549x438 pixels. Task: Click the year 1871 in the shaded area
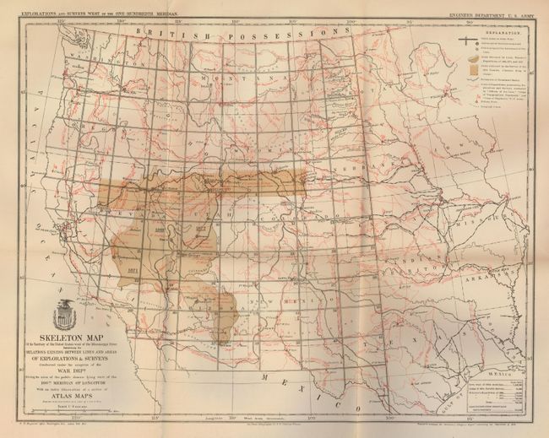[x=131, y=262]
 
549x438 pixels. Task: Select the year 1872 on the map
[x=201, y=229]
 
